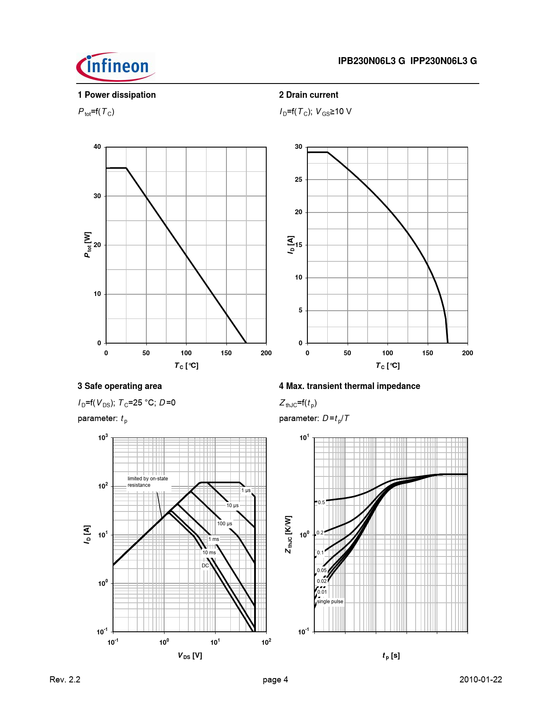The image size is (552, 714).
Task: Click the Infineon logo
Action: tap(116, 67)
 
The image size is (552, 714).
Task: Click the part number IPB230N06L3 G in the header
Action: tap(371, 61)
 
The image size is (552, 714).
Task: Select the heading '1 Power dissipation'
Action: tap(116, 95)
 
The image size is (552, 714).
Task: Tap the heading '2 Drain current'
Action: tap(308, 95)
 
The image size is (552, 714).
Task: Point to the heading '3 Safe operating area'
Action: tap(119, 386)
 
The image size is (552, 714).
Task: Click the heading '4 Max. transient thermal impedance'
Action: tap(349, 386)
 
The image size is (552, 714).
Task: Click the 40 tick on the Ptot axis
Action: tap(97, 147)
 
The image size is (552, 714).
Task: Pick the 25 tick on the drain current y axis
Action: tap(298, 180)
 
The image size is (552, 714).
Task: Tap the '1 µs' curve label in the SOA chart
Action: tap(246, 490)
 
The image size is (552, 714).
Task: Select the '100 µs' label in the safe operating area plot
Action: tap(225, 524)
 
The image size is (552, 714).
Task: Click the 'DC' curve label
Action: tap(205, 566)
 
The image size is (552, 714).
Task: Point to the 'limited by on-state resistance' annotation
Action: tap(147, 482)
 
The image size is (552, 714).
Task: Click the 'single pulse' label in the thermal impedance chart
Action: tap(330, 601)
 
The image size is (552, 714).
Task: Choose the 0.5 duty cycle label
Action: tap(321, 502)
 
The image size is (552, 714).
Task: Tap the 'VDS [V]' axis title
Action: tap(190, 656)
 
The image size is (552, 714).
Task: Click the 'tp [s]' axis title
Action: tap(391, 656)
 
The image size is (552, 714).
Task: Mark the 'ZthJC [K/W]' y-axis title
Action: tap(289, 534)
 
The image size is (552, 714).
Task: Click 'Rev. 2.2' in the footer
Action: tap(65, 679)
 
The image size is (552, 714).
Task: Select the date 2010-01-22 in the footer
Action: tap(481, 679)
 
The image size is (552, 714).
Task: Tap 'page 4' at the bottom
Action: tap(275, 679)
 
